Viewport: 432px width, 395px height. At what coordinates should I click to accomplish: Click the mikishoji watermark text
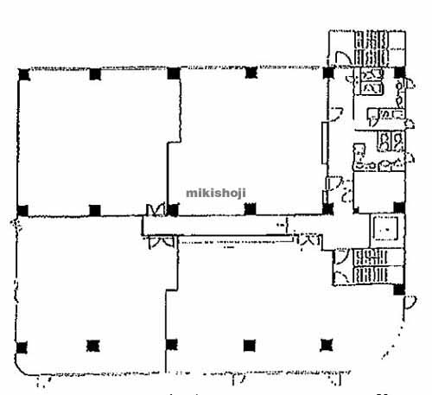[216, 193]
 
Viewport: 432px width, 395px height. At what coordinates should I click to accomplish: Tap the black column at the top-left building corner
[24, 74]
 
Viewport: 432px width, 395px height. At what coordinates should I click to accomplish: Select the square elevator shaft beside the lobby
[386, 228]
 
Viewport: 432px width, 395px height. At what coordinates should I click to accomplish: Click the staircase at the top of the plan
[371, 48]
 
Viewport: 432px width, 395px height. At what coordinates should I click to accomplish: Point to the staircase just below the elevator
[371, 265]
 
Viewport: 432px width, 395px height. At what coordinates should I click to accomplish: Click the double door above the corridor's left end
[156, 210]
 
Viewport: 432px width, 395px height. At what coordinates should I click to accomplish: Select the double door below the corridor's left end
[162, 242]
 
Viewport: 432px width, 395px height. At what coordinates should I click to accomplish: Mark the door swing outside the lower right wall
[410, 303]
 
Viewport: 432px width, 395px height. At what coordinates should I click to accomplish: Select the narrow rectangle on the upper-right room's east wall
[325, 143]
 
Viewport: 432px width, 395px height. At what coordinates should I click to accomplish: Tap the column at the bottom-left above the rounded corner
[22, 347]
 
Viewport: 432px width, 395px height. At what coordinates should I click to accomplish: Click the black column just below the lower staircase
[399, 290]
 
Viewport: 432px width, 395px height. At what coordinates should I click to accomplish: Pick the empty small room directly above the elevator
[379, 192]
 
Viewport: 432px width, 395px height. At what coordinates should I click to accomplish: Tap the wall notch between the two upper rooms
[175, 143]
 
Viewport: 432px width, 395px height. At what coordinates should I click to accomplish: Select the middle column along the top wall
[174, 73]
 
